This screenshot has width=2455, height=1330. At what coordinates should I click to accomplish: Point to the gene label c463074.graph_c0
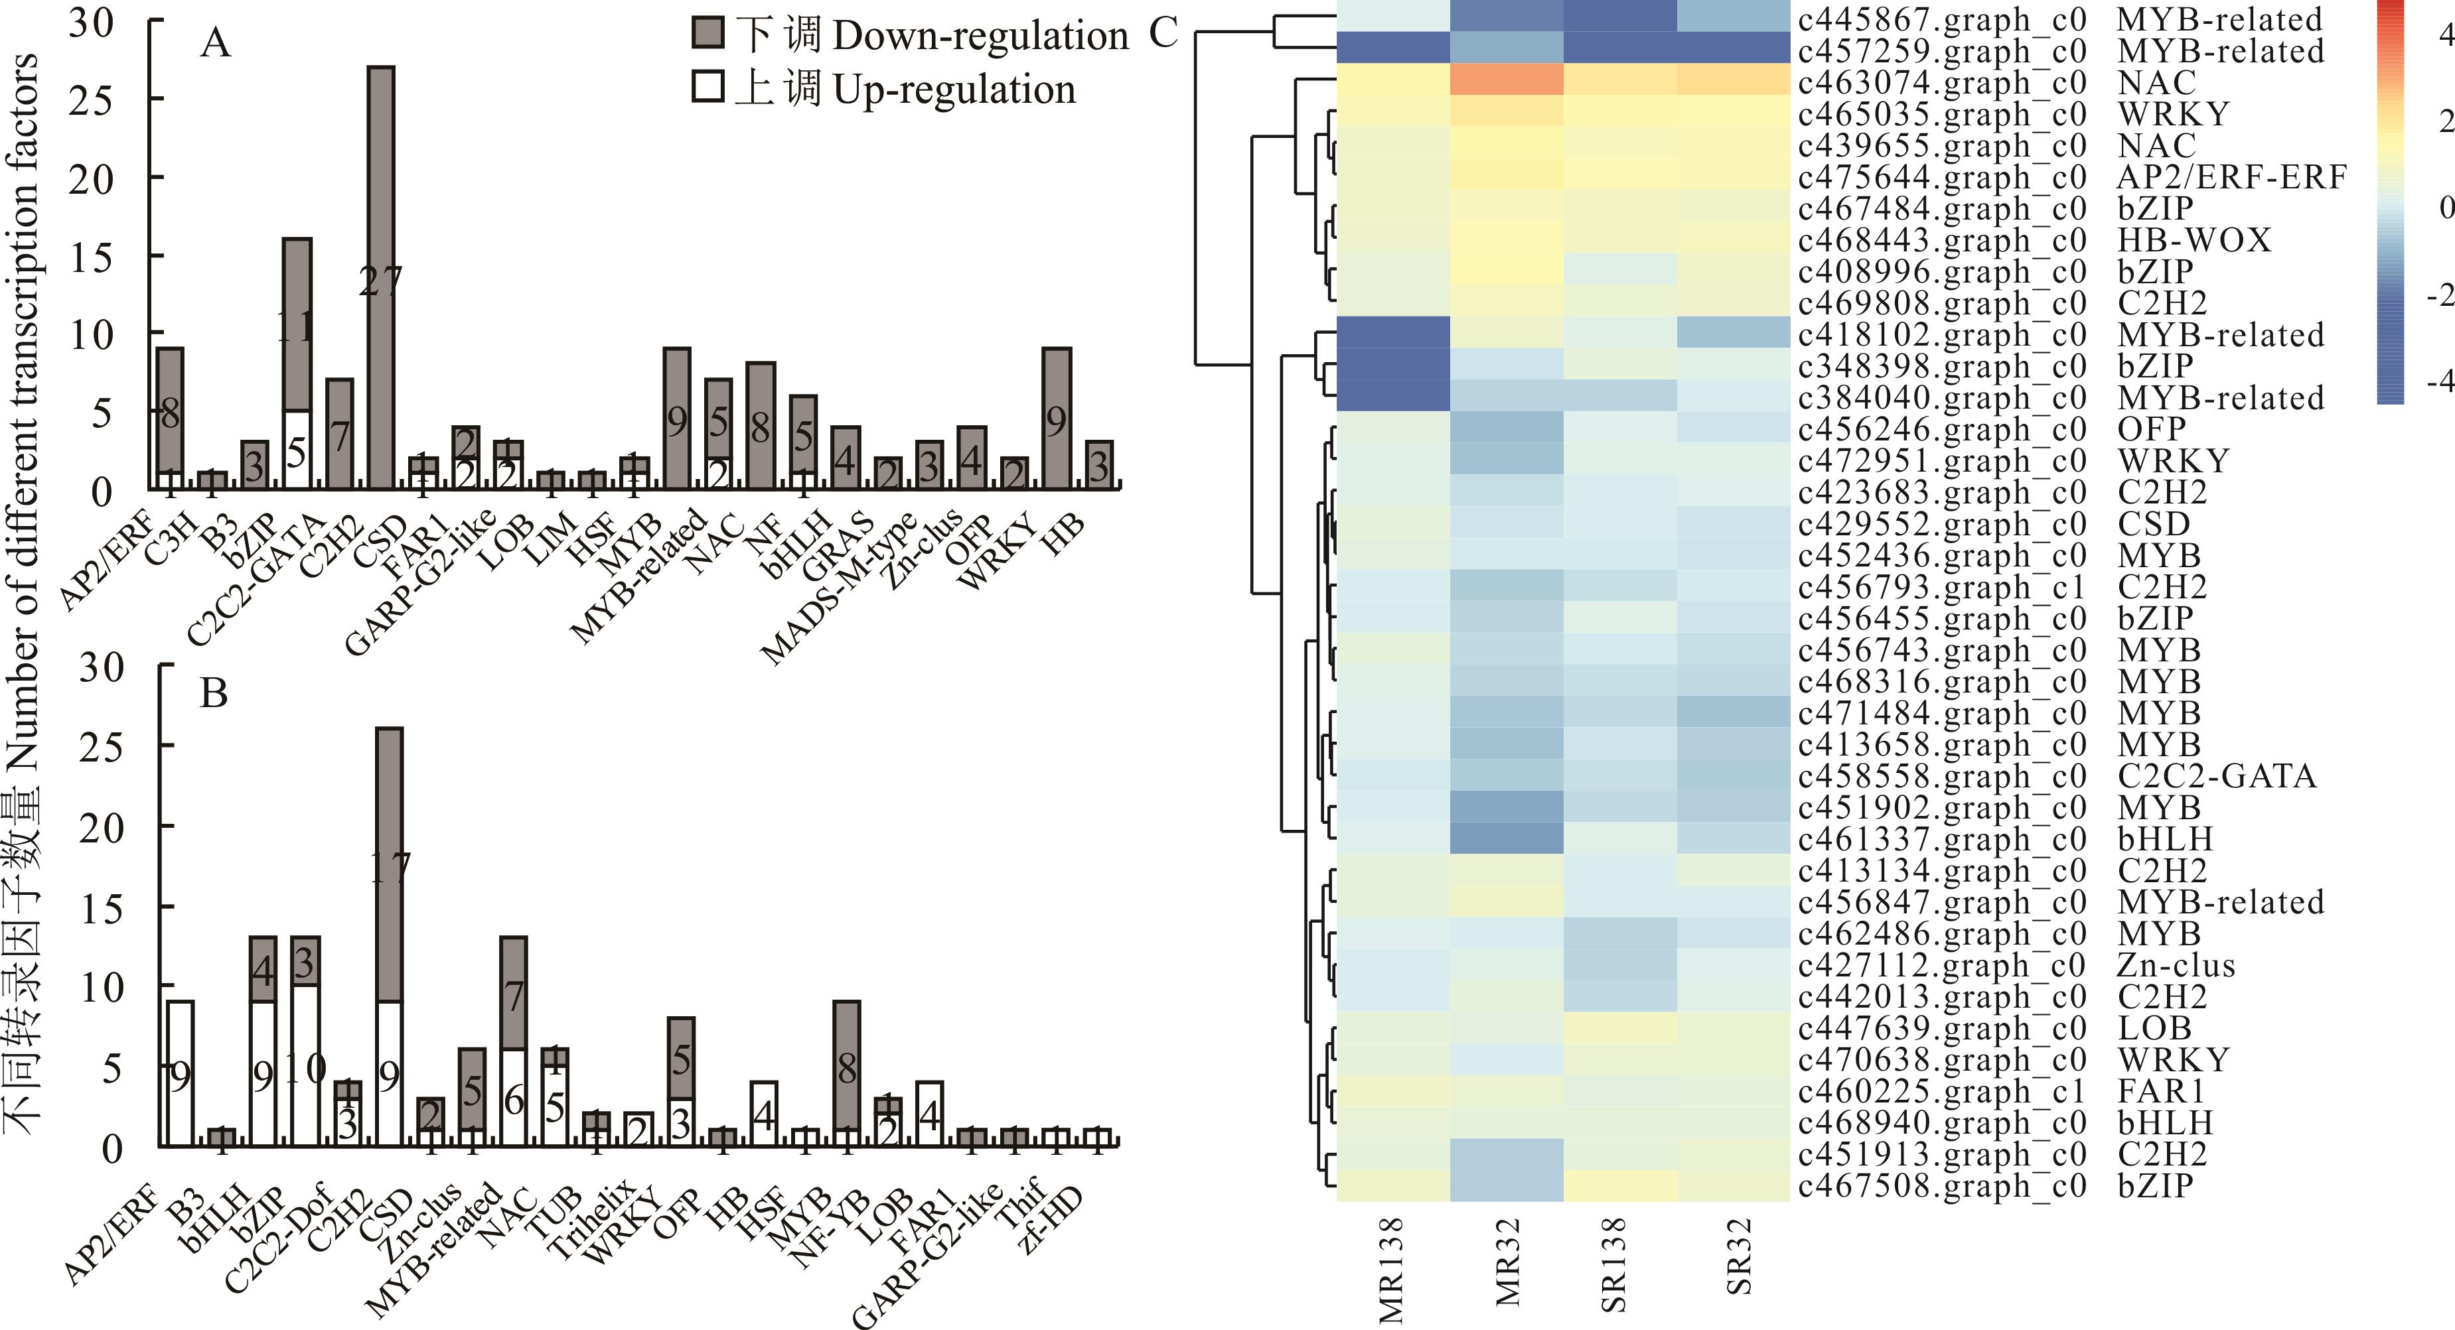point(1941,83)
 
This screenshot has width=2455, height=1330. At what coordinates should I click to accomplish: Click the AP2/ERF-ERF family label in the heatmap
point(2231,177)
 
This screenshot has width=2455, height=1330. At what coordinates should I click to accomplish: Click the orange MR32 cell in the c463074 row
point(1506,79)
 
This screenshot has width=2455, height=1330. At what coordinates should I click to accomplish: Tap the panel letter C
point(1163,33)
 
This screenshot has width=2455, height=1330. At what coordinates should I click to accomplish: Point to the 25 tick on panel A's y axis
point(90,99)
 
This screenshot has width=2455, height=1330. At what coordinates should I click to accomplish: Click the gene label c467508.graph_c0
point(1941,1186)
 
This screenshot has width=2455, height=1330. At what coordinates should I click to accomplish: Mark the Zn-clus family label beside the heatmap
point(2176,966)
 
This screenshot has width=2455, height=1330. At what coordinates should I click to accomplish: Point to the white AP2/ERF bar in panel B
point(180,1073)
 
